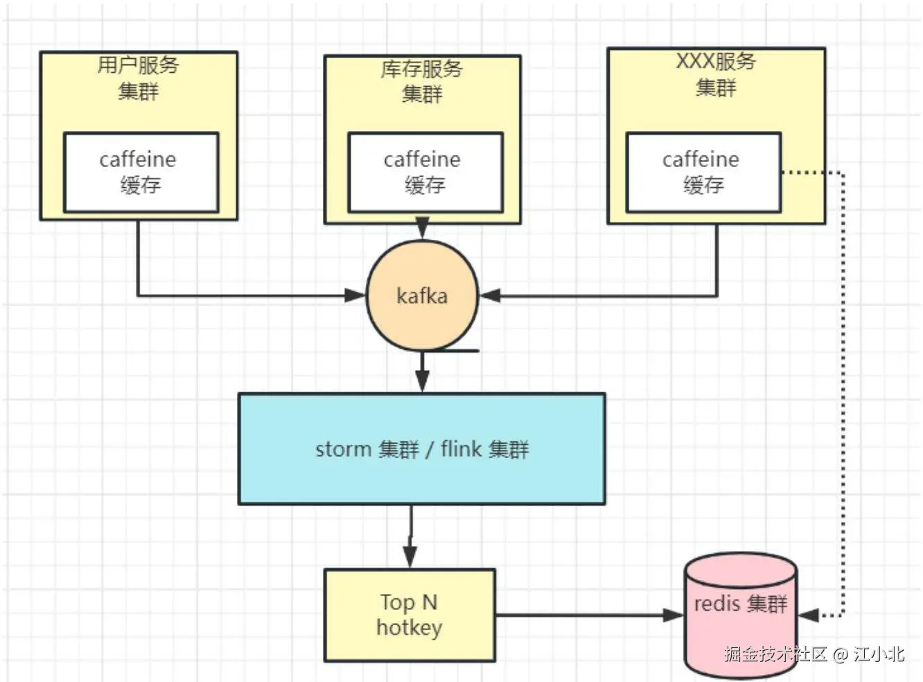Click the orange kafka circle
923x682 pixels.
point(422,296)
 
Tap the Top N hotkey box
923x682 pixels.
point(410,615)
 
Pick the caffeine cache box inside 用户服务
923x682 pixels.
point(141,172)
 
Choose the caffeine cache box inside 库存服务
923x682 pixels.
point(425,172)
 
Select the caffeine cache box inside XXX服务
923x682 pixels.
point(703,172)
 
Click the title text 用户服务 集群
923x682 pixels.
point(139,78)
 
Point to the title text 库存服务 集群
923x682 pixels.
point(422,81)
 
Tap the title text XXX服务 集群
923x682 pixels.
point(716,74)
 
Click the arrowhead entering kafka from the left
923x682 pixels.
point(355,296)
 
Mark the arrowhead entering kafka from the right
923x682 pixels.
point(490,296)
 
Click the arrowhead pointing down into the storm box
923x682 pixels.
point(422,381)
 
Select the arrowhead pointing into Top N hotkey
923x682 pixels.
point(410,557)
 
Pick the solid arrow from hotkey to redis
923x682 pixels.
point(589,615)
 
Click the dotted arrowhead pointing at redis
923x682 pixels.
point(809,615)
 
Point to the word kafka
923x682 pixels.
point(422,296)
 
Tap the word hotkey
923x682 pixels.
point(409,628)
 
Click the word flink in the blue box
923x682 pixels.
point(461,449)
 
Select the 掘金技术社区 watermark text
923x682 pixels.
point(776,654)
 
